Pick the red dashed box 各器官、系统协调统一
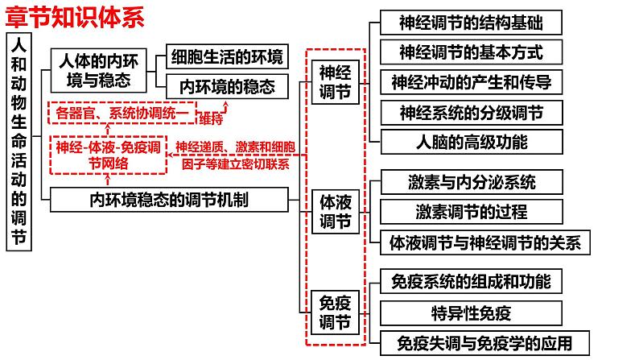click(121, 114)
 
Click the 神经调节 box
click(335, 83)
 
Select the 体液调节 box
click(335, 211)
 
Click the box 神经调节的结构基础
click(470, 23)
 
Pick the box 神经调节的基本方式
click(470, 53)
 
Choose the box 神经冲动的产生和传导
click(470, 83)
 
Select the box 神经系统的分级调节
click(470, 113)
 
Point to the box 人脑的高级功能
click(470, 143)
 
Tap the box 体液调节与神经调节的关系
click(484, 242)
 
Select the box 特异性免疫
click(470, 312)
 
